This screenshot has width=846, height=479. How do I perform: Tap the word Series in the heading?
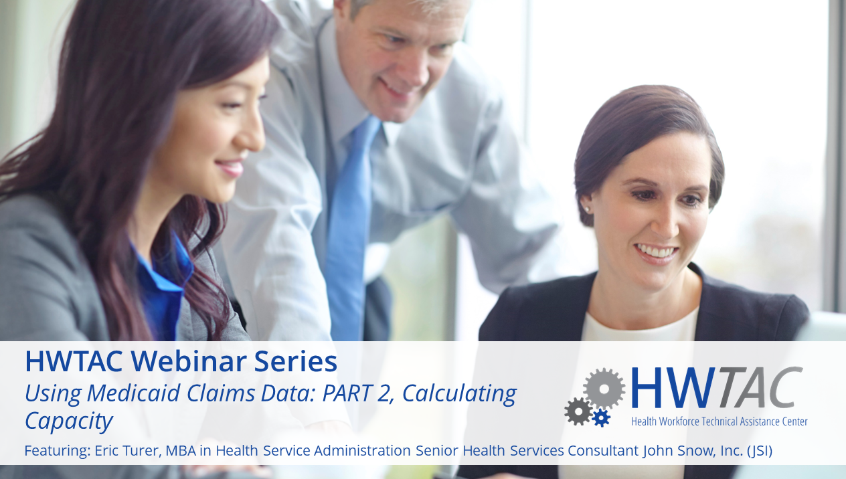click(295, 361)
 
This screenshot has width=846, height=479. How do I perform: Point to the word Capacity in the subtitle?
click(69, 421)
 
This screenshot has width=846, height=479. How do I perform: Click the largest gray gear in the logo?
click(604, 389)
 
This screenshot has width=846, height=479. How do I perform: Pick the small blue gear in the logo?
click(601, 417)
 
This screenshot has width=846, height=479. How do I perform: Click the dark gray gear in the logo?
click(578, 411)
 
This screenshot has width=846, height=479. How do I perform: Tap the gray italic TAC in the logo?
click(760, 387)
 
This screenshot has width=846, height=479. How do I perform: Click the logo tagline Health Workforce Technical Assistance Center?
click(719, 421)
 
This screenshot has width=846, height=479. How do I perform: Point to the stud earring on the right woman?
click(587, 208)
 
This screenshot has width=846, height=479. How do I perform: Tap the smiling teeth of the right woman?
click(656, 251)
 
